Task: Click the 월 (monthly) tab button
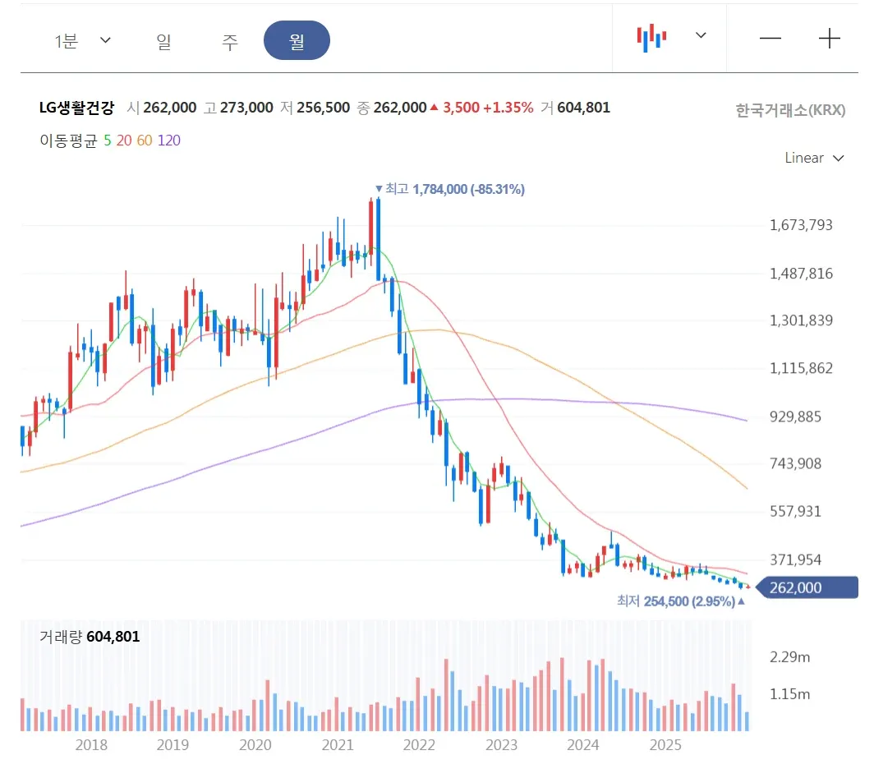(297, 41)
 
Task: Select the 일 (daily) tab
(163, 41)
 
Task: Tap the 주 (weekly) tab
(230, 41)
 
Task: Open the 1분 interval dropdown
(82, 41)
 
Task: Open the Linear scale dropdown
(814, 158)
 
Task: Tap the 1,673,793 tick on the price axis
(801, 225)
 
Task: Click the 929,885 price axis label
(796, 417)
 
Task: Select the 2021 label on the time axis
(337, 745)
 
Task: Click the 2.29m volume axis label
(789, 657)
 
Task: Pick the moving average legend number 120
(168, 140)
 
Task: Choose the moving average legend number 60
(144, 140)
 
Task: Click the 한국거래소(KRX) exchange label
(790, 110)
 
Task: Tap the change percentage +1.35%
(508, 108)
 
